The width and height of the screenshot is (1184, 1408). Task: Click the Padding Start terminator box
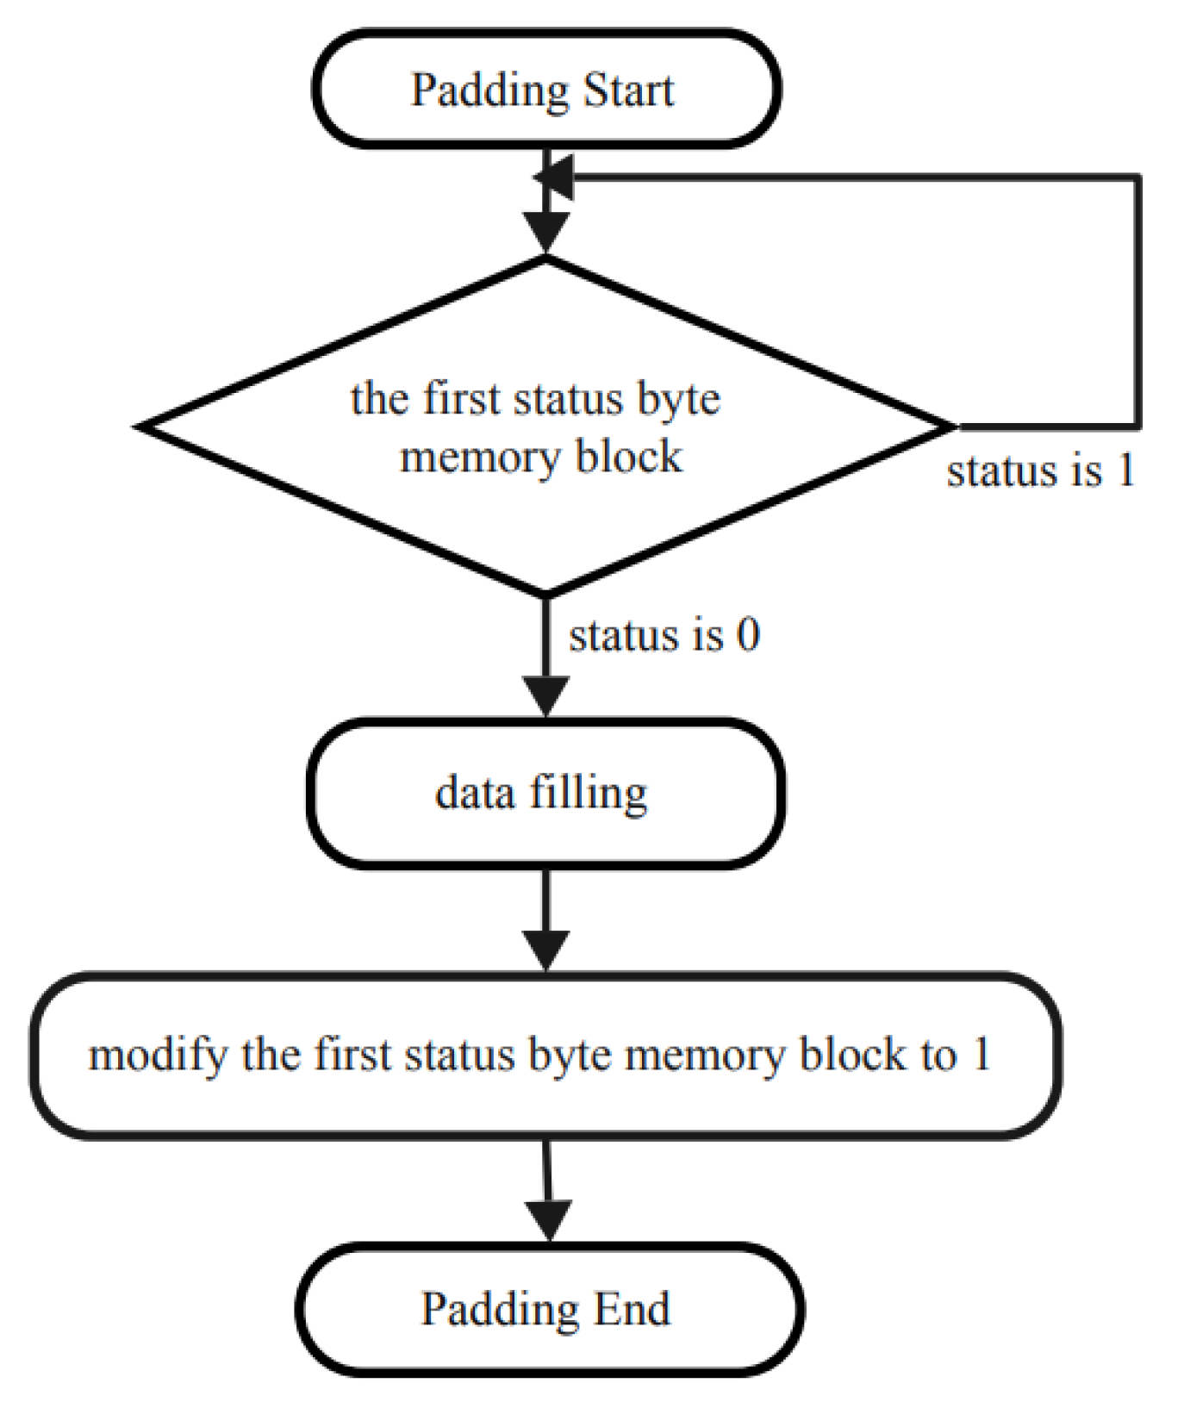545,90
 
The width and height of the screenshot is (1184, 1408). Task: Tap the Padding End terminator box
549,1309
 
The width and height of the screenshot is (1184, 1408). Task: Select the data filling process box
545,793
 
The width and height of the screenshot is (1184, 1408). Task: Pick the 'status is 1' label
1040,471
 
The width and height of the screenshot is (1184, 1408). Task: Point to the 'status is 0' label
664,635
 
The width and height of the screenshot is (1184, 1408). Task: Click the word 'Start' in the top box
627,90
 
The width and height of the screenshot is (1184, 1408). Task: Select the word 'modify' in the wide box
159,1056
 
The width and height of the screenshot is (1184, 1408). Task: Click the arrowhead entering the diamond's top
546,234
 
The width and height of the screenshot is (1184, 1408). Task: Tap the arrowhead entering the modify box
546,950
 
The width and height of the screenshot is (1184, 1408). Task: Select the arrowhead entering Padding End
549,1220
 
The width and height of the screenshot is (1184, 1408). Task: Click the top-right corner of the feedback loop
1139,178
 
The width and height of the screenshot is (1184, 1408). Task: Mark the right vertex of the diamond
954,426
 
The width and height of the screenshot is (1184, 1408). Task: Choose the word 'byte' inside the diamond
678,401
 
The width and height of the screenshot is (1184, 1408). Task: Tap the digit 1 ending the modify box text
981,1054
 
